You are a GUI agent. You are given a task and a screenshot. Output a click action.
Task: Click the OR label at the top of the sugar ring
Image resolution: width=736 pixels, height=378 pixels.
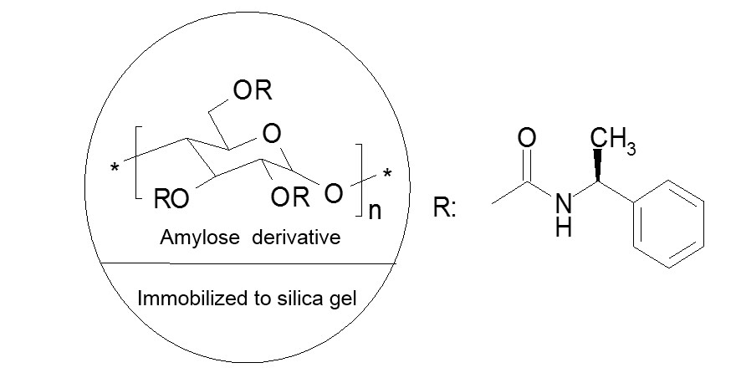click(253, 89)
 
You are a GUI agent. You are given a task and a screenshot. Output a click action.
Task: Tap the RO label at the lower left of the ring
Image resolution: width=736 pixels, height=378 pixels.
click(171, 199)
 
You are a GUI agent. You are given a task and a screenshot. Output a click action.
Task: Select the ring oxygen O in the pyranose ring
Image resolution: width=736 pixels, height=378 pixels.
click(271, 134)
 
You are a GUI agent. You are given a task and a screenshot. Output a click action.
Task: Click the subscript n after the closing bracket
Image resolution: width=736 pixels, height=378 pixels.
click(375, 211)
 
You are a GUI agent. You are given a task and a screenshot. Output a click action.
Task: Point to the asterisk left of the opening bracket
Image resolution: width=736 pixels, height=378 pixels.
click(114, 168)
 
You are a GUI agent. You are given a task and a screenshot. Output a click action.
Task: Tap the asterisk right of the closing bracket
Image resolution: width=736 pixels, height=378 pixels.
click(387, 175)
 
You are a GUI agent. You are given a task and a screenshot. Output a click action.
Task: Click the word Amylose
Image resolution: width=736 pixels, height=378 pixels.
click(200, 238)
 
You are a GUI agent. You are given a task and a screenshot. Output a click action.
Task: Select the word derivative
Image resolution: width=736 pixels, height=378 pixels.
click(296, 237)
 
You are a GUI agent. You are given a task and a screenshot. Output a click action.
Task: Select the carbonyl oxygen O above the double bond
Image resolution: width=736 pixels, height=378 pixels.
click(527, 138)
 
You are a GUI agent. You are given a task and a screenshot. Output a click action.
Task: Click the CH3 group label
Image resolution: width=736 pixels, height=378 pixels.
click(613, 139)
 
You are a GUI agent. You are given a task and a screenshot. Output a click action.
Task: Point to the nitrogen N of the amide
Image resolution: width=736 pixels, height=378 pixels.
click(564, 203)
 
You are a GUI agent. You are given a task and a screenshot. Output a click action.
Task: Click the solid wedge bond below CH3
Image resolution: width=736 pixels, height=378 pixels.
click(598, 166)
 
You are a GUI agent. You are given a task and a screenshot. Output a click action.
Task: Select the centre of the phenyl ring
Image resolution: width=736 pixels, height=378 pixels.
click(668, 224)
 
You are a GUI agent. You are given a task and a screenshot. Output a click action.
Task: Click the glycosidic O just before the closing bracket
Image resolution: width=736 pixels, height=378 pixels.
click(333, 193)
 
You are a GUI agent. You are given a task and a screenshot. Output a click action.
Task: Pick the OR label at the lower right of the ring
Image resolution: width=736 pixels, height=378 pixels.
click(290, 197)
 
